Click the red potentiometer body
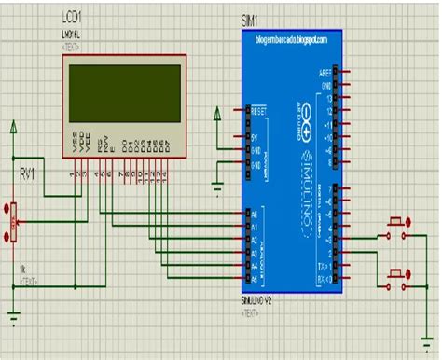tap(13, 223)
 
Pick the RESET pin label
tap(258, 109)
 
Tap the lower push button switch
tap(398, 276)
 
